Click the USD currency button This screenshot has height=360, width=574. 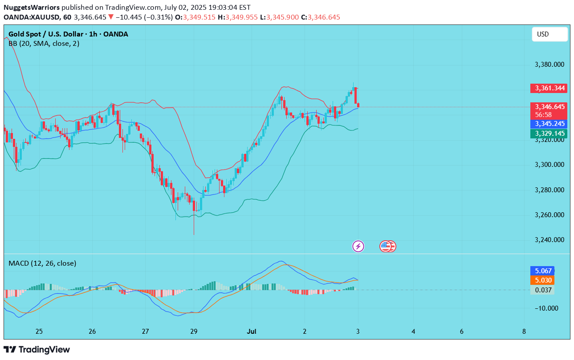coord(550,34)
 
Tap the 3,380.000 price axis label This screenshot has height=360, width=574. coord(549,65)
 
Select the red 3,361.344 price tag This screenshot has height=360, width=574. coord(548,88)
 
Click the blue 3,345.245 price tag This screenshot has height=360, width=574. coord(548,124)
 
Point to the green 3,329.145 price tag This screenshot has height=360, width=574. coord(548,133)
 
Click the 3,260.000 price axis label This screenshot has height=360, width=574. coord(549,215)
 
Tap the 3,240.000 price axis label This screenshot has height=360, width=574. coord(549,240)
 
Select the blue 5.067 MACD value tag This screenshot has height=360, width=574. coord(542,271)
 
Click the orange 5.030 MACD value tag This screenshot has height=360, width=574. coord(542,280)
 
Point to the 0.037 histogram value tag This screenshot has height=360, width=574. coord(542,290)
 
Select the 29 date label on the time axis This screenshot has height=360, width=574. coord(194,332)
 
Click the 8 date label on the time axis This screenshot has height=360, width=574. coord(524,332)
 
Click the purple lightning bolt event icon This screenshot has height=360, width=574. coord(358,246)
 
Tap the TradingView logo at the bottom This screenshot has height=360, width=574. coord(37,349)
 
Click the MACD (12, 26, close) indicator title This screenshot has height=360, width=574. coord(42,263)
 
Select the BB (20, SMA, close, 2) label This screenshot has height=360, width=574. coord(44,44)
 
